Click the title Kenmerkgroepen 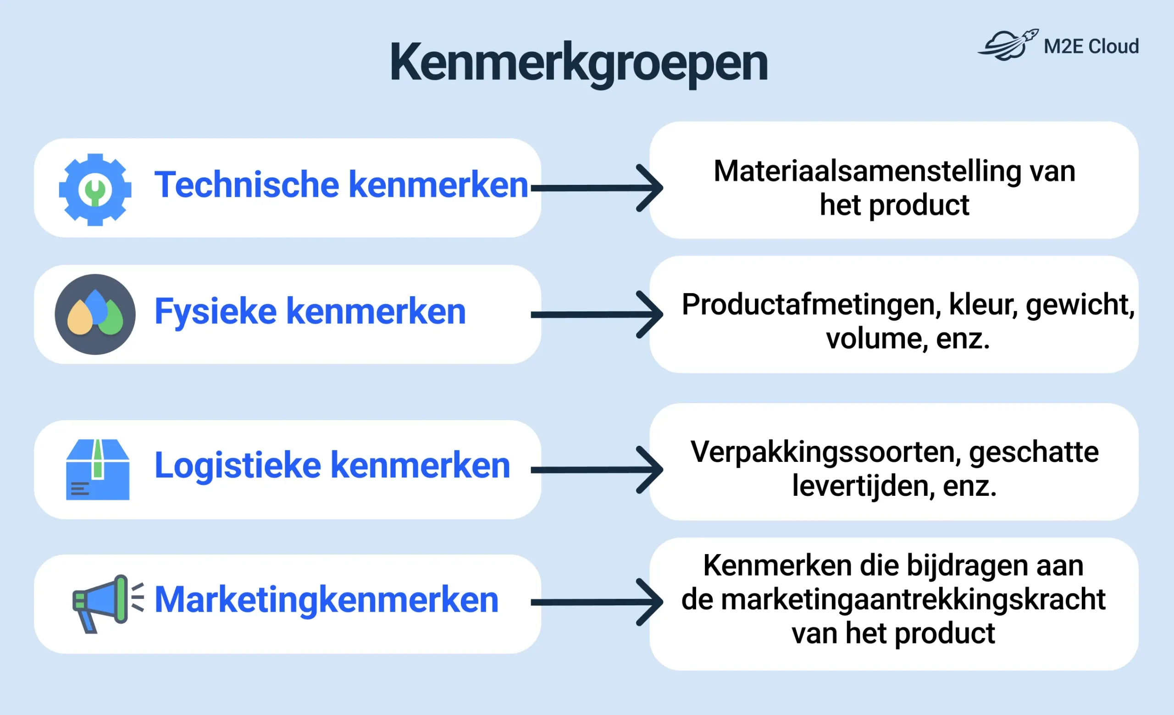pyautogui.click(x=579, y=64)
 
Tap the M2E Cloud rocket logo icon pyautogui.click(x=1008, y=44)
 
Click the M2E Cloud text pyautogui.click(x=1091, y=46)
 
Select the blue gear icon pyautogui.click(x=95, y=189)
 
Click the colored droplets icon pyautogui.click(x=95, y=315)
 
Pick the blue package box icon pyautogui.click(x=98, y=469)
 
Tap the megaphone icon pyautogui.click(x=108, y=604)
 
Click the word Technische pyautogui.click(x=246, y=184)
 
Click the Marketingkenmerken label pyautogui.click(x=327, y=600)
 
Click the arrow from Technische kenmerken pyautogui.click(x=597, y=188)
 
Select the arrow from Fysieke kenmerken pyautogui.click(x=597, y=315)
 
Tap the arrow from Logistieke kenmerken pyautogui.click(x=597, y=470)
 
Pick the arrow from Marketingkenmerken pyautogui.click(x=597, y=603)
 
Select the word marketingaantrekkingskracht pyautogui.click(x=913, y=600)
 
